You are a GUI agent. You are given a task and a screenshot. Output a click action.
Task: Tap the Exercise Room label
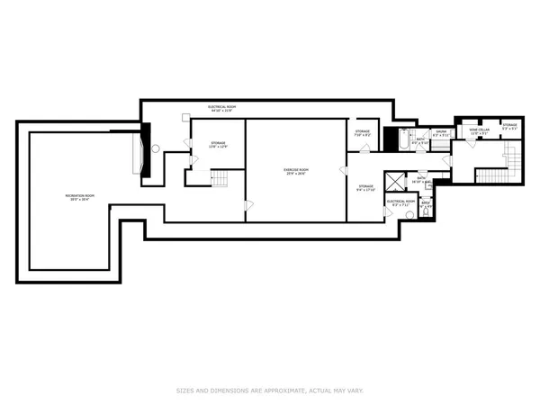[x=297, y=171]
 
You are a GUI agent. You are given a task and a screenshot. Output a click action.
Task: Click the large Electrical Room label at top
[x=220, y=109]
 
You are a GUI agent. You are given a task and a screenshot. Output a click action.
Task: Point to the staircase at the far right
[x=514, y=161]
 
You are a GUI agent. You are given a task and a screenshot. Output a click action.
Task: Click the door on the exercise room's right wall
[x=342, y=170]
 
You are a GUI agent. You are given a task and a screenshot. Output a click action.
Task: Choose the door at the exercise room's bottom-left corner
[x=248, y=205]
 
